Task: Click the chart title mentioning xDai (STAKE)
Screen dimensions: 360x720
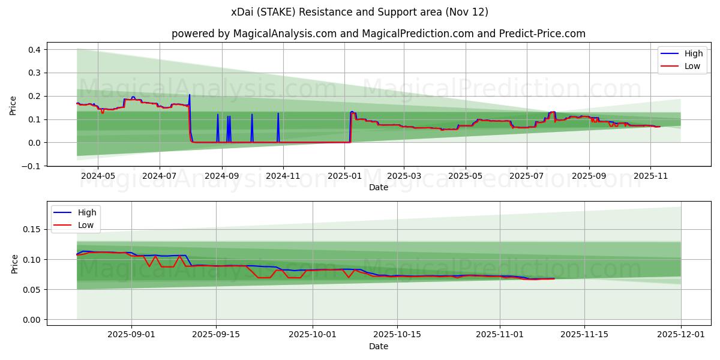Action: point(360,12)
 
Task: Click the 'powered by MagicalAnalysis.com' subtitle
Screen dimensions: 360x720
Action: point(378,34)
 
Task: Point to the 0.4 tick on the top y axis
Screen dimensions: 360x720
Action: point(34,50)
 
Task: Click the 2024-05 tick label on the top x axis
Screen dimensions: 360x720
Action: point(98,176)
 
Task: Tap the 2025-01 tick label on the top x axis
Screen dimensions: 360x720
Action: point(344,176)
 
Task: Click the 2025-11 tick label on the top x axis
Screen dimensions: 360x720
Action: point(650,176)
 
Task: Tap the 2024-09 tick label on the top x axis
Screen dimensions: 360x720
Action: point(221,176)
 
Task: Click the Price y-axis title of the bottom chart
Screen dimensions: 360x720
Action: point(15,263)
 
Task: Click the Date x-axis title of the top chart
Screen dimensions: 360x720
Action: point(378,187)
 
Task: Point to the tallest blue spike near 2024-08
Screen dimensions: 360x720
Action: point(190,95)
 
